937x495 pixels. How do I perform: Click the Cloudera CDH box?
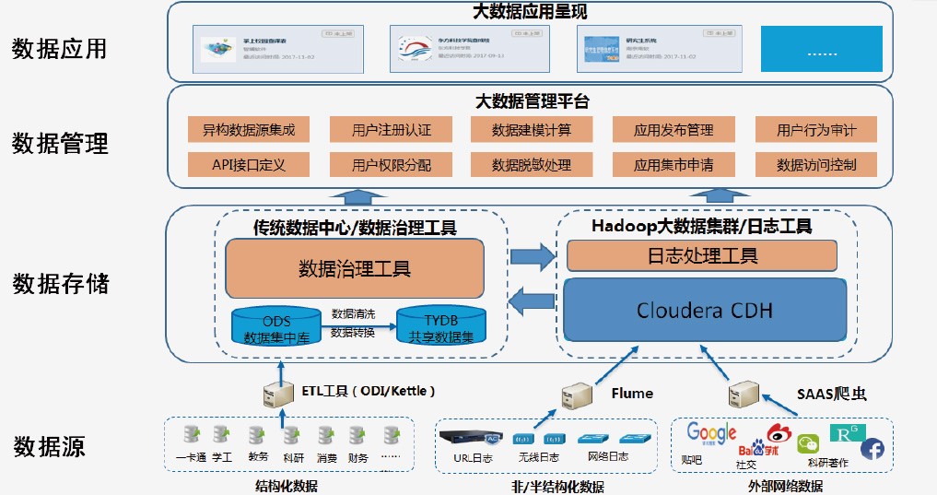click(x=705, y=309)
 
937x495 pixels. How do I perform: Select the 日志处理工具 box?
click(x=701, y=255)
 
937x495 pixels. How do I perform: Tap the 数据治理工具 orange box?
click(x=355, y=268)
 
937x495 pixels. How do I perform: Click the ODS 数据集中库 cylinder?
click(x=275, y=324)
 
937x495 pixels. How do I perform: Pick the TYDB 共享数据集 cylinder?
click(x=441, y=325)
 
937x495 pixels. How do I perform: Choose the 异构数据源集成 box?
click(x=248, y=130)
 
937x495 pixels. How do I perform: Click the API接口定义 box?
click(x=248, y=165)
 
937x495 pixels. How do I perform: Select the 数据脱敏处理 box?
click(x=532, y=165)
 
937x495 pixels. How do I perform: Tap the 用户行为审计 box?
click(x=815, y=130)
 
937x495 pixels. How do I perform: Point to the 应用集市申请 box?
click(x=673, y=165)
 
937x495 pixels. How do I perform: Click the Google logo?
click(x=711, y=433)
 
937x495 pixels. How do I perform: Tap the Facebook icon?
click(x=873, y=449)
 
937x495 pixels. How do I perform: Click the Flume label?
click(x=632, y=393)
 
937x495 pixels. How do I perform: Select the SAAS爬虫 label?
click(x=831, y=394)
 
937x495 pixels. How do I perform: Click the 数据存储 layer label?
click(x=60, y=283)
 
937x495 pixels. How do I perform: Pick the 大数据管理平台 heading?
click(x=532, y=100)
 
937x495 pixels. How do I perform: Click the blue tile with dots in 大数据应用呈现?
click(x=821, y=51)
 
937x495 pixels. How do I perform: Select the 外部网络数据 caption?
click(x=786, y=486)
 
